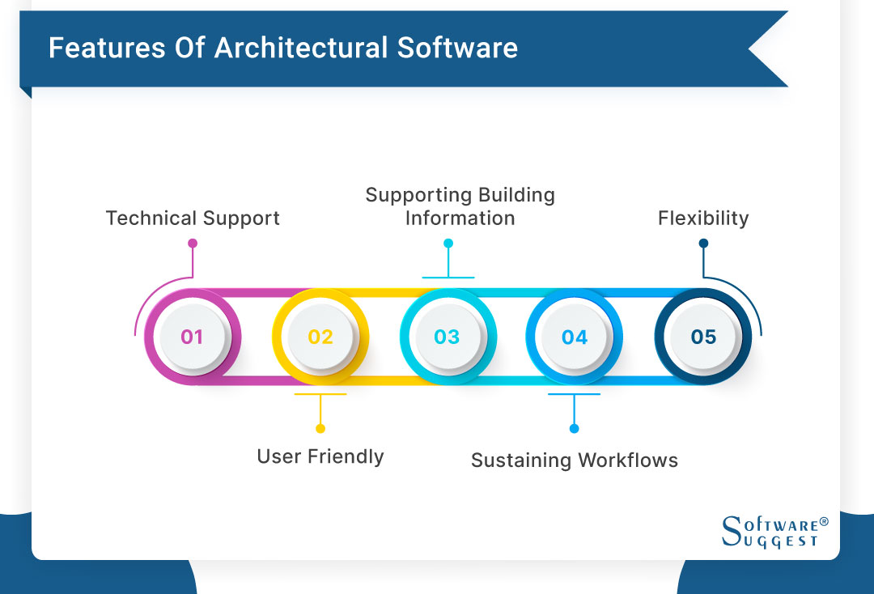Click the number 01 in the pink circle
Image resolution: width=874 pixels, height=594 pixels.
pyautogui.click(x=192, y=337)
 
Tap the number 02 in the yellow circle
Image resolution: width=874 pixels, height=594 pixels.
pyautogui.click(x=320, y=337)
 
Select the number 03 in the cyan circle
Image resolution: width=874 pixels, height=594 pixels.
pyautogui.click(x=447, y=337)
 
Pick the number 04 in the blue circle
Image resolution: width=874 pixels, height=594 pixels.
pyautogui.click(x=575, y=337)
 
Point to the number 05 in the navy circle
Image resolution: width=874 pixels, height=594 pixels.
pyautogui.click(x=703, y=337)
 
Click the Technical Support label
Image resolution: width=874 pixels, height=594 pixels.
pyautogui.click(x=193, y=219)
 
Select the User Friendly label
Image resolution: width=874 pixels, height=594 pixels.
pyautogui.click(x=320, y=456)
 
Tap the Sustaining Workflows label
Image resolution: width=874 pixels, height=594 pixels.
pyautogui.click(x=575, y=460)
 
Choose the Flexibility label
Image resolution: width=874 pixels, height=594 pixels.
pyautogui.click(x=703, y=219)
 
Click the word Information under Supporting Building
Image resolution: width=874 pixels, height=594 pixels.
pyautogui.click(x=460, y=219)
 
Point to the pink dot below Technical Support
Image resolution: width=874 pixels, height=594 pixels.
pyautogui.click(x=193, y=243)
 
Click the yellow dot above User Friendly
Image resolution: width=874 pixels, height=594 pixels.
pyautogui.click(x=320, y=428)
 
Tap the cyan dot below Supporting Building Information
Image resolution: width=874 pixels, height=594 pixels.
pyautogui.click(x=448, y=243)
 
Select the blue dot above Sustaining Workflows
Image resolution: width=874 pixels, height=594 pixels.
pyautogui.click(x=575, y=428)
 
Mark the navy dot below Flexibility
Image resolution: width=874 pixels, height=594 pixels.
pyautogui.click(x=703, y=243)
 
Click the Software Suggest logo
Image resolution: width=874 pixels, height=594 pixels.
pyautogui.click(x=774, y=532)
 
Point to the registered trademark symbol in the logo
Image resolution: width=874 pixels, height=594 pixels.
pyautogui.click(x=824, y=522)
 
